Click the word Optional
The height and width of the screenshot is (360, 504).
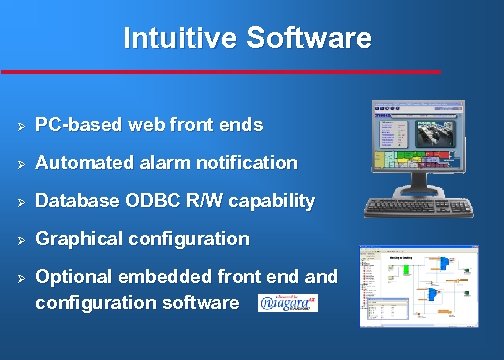coord(71,277)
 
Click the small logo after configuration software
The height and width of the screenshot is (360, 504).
coord(288,302)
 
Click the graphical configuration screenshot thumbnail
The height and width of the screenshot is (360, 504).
coord(421,286)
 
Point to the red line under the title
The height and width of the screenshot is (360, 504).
coord(220,71)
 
